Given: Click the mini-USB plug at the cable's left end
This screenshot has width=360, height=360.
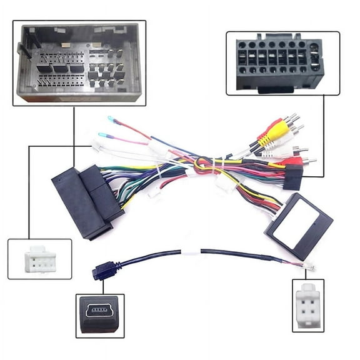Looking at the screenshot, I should [x=98, y=271].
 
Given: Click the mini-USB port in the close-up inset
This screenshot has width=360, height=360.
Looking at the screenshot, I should [x=100, y=311].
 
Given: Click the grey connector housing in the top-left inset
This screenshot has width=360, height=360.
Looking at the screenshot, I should [x=78, y=62].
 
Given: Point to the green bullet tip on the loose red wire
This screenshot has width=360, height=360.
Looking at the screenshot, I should [x=111, y=118].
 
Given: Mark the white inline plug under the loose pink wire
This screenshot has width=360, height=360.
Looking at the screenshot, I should [x=97, y=146].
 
